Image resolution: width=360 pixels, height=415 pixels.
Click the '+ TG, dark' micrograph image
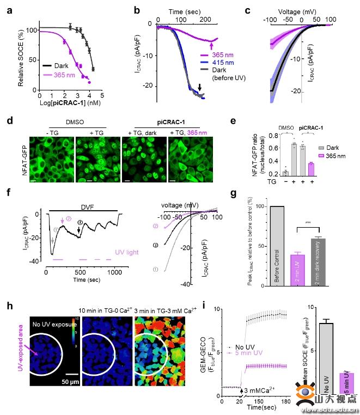(143, 160)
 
